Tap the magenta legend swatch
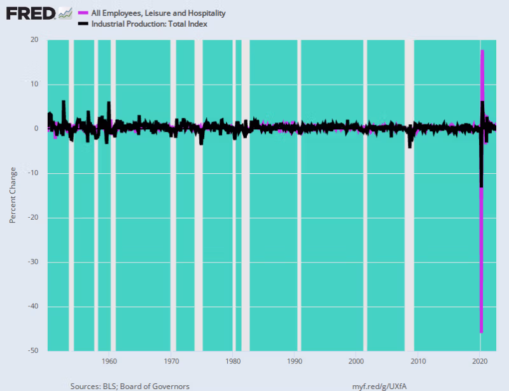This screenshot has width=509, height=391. tap(82, 13)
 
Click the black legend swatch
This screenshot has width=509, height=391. tap(82, 24)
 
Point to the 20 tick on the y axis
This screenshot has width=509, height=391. tap(34, 39)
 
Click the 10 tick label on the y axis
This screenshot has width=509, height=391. tap(34, 84)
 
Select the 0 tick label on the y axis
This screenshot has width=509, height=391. tap(36, 129)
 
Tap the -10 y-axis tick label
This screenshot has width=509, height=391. tap(33, 173)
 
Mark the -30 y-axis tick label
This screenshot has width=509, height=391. tap(33, 262)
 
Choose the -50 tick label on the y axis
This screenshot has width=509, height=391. tap(33, 351)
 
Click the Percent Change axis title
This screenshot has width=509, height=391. tap(13, 195)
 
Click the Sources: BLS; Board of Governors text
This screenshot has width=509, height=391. tap(130, 386)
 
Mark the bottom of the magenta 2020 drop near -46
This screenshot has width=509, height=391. tap(482, 332)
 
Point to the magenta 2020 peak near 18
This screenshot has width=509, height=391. tap(483, 50)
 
